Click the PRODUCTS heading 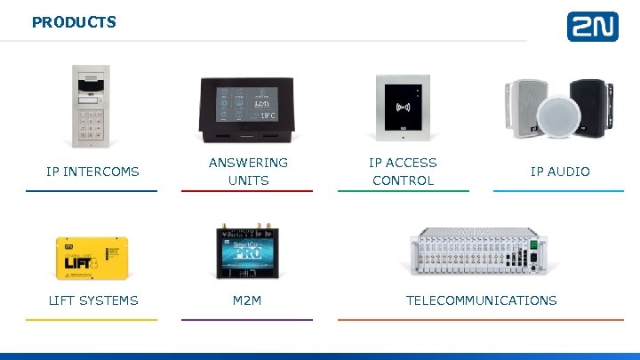pos(74,22)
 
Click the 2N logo pos(592,27)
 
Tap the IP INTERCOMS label pos(92,172)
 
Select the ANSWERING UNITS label pos(248,172)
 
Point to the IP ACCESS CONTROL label pos(403,172)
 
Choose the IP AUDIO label pos(560,172)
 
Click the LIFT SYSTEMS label pos(92,300)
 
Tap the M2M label pos(247,300)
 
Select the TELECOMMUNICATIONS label pos(481,300)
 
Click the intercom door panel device pos(92,106)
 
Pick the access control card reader pos(403,107)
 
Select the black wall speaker pos(588,104)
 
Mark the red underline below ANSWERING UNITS pos(247,190)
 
